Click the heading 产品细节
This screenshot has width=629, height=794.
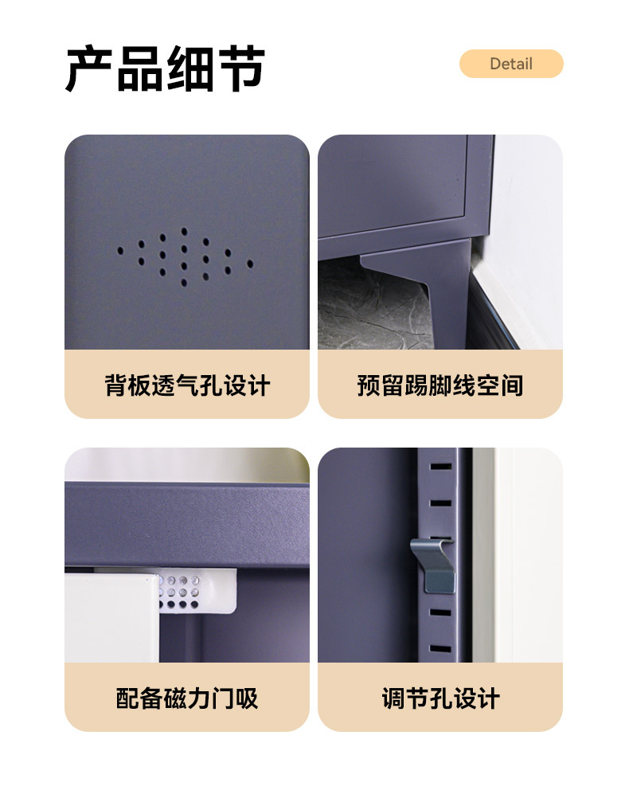pyautogui.click(x=165, y=68)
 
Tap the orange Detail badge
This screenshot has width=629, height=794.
pyautogui.click(x=511, y=64)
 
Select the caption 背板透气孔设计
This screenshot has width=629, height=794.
pyautogui.click(x=187, y=385)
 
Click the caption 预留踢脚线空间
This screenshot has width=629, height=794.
pyautogui.click(x=440, y=385)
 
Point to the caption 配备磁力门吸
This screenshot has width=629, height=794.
pyautogui.click(x=187, y=698)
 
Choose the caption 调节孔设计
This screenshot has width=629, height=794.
pyautogui.click(x=440, y=698)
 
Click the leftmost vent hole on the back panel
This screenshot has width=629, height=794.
pyautogui.click(x=120, y=251)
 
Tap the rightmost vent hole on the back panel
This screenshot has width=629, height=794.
pyautogui.click(x=250, y=264)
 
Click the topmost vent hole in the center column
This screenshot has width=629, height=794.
pyautogui.click(x=184, y=232)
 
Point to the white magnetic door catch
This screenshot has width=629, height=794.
pyautogui.click(x=198, y=591)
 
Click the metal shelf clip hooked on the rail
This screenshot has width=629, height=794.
pyautogui.click(x=434, y=565)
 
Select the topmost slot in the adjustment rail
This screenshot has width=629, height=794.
pyautogui.click(x=440, y=467)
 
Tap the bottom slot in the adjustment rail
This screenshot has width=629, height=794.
pyautogui.click(x=440, y=649)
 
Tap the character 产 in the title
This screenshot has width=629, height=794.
pyautogui.click(x=89, y=68)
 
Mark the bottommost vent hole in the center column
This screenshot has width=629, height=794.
pyautogui.click(x=184, y=283)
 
